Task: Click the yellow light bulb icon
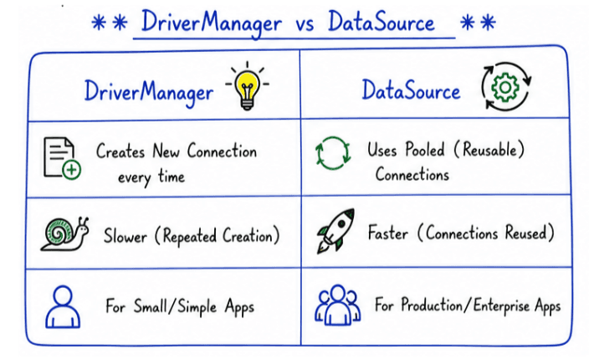coord(247,86)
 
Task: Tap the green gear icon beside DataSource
coord(505,88)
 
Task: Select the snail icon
coord(65,234)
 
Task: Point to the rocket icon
coord(335,231)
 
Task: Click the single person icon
coord(63,307)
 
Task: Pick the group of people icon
coord(337,305)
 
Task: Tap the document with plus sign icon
coord(62,158)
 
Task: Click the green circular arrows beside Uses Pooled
coord(333,153)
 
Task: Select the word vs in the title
coord(305,24)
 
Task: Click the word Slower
coord(125,236)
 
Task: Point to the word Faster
coord(387,233)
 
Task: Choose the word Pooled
coord(425,149)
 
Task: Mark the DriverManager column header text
coord(149,93)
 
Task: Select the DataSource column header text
coord(411,90)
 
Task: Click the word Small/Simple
coord(176,307)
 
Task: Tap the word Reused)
coord(530,233)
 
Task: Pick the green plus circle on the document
coord(71,170)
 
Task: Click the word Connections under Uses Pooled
coord(412,175)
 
